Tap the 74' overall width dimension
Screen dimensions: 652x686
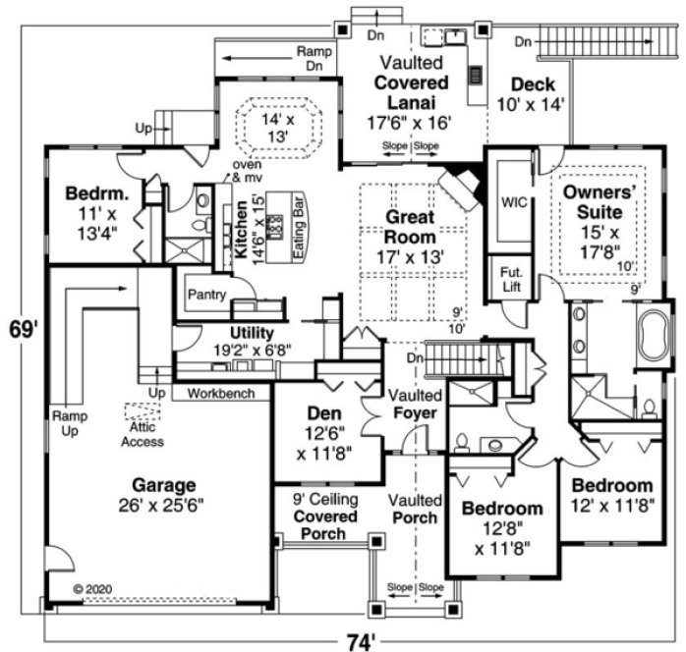[360, 640]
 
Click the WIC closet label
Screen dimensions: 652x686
[514, 201]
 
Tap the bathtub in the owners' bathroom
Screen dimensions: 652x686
[652, 338]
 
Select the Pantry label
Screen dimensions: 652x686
[207, 295]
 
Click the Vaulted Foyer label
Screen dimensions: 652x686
[414, 404]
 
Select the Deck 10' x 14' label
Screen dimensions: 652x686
[532, 93]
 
